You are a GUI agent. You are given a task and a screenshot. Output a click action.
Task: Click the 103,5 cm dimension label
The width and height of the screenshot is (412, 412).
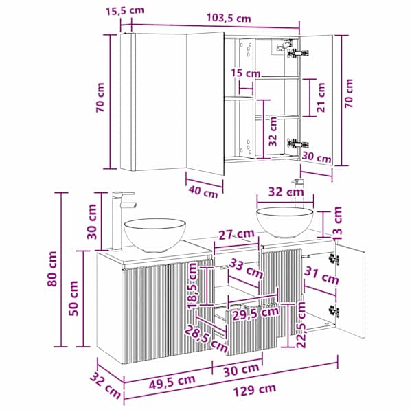[229, 18]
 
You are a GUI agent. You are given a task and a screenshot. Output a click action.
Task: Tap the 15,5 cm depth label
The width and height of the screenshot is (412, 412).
[125, 11]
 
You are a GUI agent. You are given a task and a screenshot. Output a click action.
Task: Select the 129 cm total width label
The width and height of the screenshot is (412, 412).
[255, 389]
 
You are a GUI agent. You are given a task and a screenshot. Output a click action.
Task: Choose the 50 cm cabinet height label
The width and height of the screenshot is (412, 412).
[73, 298]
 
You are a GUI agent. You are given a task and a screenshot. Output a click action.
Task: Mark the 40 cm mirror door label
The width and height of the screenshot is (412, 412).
[203, 192]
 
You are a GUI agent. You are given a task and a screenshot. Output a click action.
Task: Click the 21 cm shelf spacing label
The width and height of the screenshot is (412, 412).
[321, 98]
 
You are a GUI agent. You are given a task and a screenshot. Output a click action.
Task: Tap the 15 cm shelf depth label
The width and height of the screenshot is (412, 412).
[246, 73]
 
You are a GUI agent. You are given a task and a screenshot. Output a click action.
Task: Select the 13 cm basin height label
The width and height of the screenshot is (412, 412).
[337, 223]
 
